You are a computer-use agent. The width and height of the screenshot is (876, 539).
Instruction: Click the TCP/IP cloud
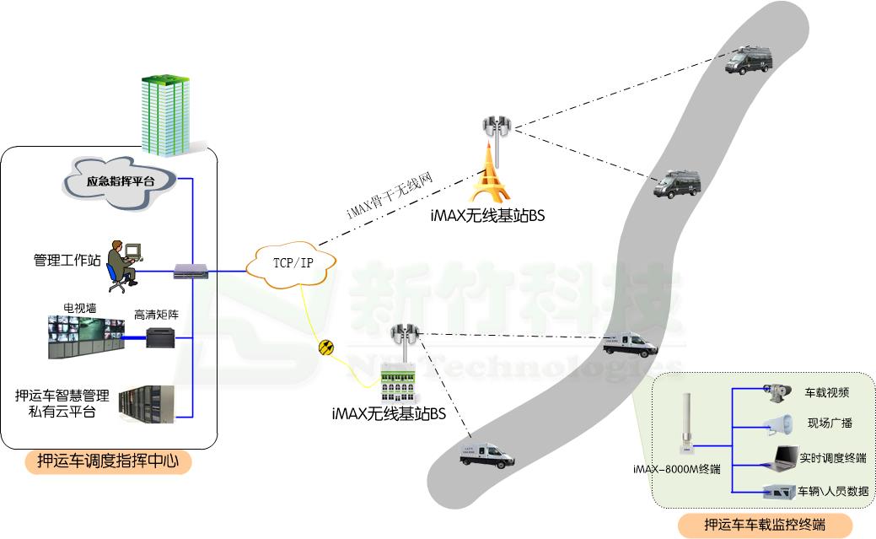coord(292,261)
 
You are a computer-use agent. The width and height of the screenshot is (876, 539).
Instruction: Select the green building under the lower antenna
coord(400,385)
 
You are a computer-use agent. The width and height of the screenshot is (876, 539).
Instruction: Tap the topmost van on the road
coord(750,62)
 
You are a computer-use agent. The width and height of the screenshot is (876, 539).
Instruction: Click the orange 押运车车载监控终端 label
coord(764,525)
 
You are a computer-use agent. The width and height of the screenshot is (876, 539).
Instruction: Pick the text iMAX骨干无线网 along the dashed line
coord(390,196)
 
